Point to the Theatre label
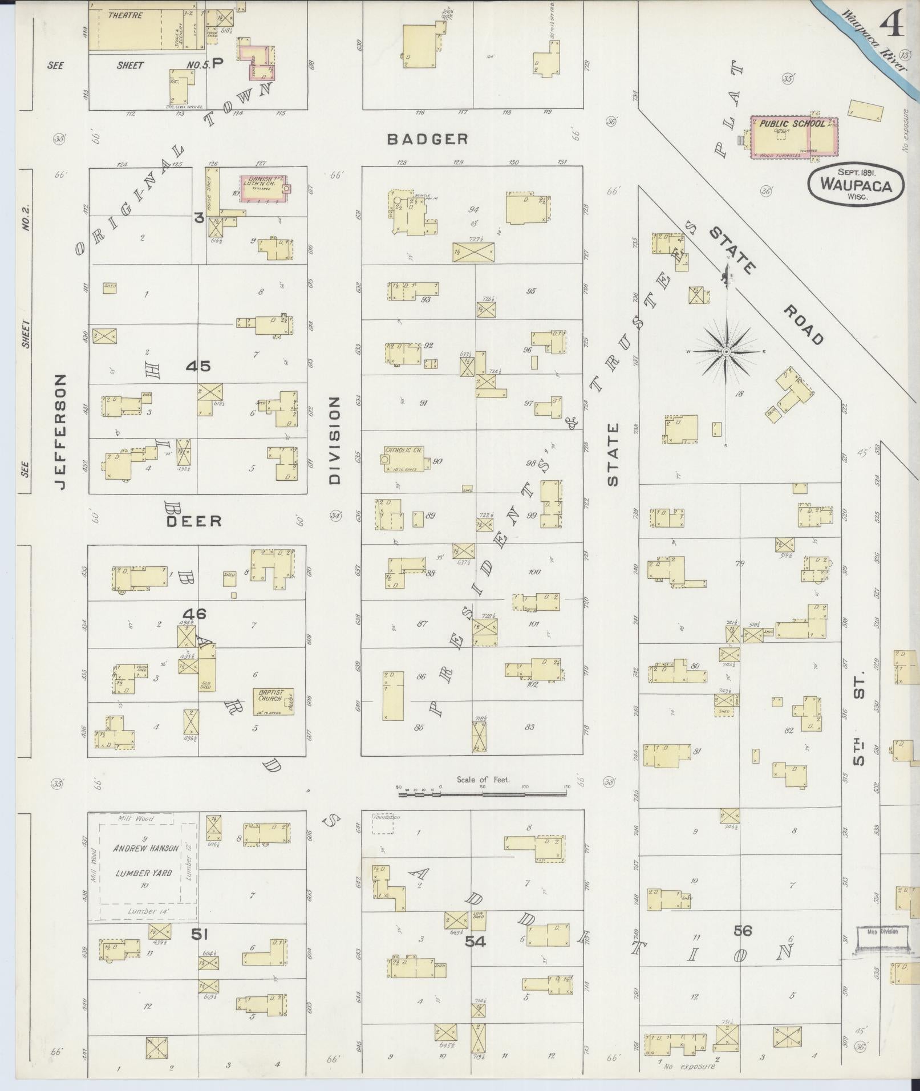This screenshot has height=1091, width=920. coord(125,15)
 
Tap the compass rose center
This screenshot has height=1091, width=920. coord(726,352)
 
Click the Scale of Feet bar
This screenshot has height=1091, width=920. coord(483,793)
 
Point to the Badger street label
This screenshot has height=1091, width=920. coord(427,139)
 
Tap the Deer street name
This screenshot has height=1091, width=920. coord(194,521)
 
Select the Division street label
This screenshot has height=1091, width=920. coord(334,440)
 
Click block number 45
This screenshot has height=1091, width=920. coord(198,366)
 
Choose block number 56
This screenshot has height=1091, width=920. coord(743,931)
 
